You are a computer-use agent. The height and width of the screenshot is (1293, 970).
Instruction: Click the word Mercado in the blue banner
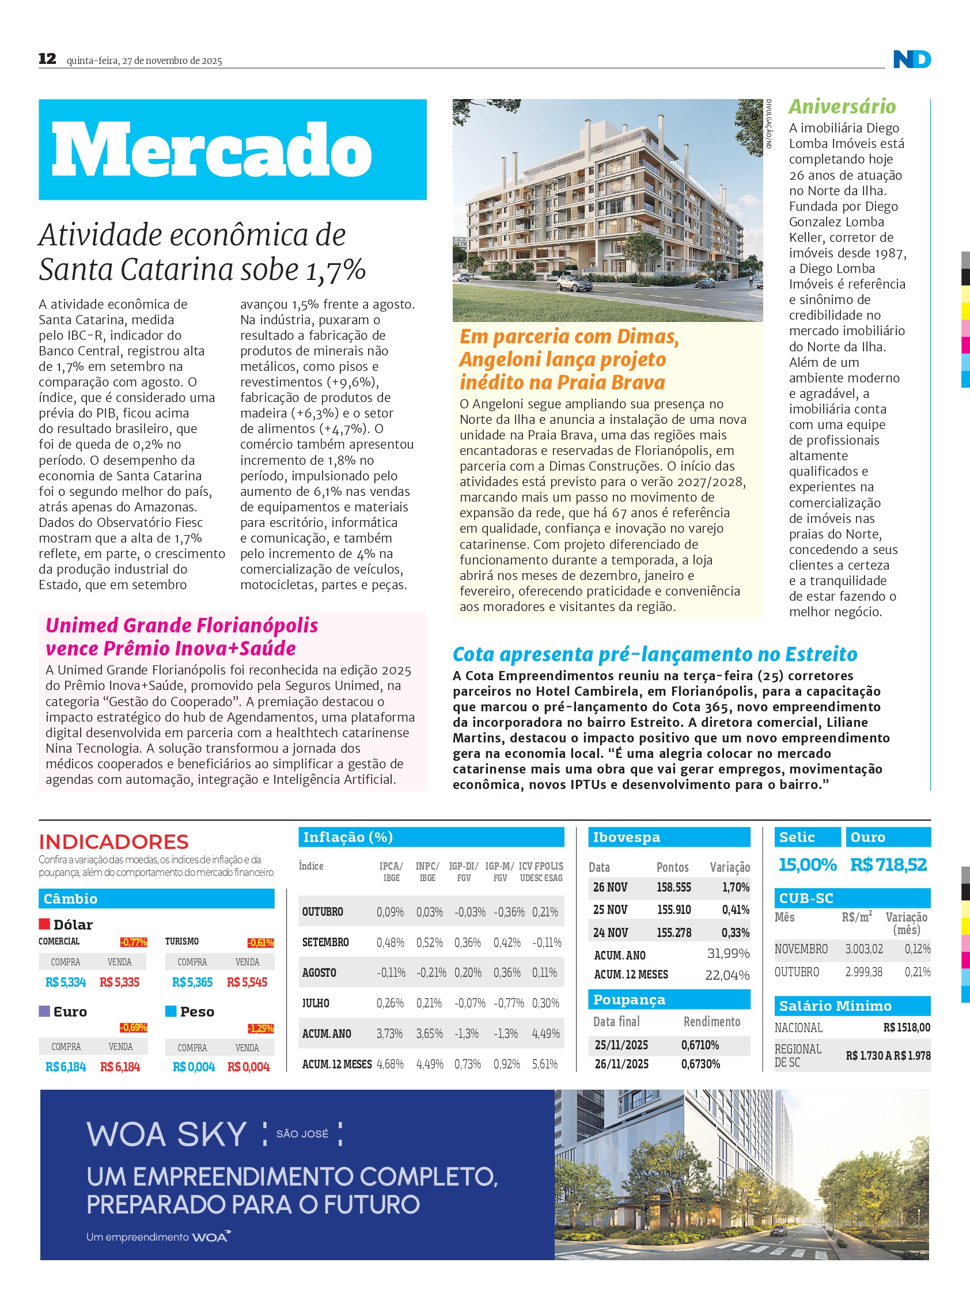[211, 150]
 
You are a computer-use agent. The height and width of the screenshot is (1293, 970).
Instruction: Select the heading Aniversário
[842, 107]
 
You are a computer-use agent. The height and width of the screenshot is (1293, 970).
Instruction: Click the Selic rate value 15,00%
[808, 864]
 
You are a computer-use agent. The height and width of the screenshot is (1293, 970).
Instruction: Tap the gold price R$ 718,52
[888, 864]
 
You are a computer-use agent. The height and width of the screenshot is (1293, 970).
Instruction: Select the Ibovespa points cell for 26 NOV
[673, 888]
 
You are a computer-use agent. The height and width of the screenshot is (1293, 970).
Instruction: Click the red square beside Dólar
[44, 924]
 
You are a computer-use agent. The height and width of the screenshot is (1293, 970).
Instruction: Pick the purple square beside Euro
[44, 1011]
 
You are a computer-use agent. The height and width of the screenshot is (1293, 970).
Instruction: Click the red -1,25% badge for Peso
[260, 1028]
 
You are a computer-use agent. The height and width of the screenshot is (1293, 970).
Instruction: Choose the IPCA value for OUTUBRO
[390, 912]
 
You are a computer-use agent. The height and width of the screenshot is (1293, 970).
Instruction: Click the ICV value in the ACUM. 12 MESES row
[544, 1064]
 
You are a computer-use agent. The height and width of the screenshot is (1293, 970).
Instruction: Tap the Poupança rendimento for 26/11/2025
[700, 1064]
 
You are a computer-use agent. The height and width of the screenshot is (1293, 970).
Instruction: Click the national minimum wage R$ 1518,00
[906, 1027]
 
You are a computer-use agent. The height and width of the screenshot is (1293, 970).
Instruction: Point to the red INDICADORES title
[113, 841]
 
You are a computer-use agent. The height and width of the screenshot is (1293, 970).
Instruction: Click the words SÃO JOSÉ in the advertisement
[302, 1133]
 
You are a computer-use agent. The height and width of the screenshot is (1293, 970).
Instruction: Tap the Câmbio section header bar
[156, 898]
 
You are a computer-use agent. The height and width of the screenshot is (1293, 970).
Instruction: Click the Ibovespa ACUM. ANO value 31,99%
[728, 953]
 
